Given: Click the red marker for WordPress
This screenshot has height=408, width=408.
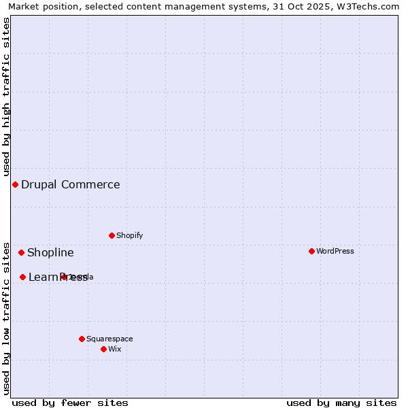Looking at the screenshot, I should pos(311,251).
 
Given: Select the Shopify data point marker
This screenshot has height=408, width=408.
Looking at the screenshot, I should pos(112,235).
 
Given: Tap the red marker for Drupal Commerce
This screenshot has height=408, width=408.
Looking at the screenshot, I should pos(15,184).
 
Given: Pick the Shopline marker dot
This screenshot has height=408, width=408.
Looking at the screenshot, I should pos(21,252).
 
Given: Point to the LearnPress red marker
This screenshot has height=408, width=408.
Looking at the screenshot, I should pos(22,277).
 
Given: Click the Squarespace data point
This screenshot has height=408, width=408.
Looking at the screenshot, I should pos(82,339).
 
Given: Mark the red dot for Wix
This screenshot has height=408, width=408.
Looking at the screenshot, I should pos(103,349).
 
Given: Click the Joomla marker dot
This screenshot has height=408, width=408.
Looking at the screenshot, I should pos(64,277).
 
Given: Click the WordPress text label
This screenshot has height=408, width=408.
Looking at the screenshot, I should pos(335,251).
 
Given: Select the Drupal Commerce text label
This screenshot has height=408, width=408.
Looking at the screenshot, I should pos(71,184).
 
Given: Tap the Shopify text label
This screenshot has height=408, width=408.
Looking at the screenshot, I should pos(130,235).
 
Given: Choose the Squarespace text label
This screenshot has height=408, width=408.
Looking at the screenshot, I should pos(109,339).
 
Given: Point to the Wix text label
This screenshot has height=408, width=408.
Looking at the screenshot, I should pos(115,349).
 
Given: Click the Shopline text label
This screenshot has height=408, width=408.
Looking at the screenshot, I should pos(50,252).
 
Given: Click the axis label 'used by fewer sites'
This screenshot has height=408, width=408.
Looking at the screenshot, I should pos(70,403).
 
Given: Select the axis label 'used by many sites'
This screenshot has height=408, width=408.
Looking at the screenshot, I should pos(341,403).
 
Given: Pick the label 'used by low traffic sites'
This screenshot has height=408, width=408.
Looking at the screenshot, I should pos(6,318).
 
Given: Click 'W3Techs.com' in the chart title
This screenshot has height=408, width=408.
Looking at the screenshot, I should pos(371,6).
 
